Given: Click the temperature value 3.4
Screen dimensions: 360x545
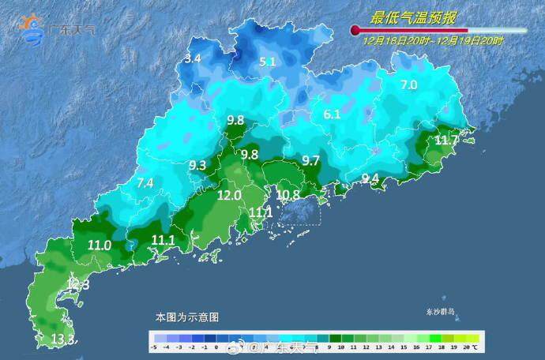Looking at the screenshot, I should coord(192,58).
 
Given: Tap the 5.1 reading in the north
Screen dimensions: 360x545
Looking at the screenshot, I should coord(268,62).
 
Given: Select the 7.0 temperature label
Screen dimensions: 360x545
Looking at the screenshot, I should coord(408,84).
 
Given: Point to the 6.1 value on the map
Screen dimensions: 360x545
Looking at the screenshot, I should coord(332,114).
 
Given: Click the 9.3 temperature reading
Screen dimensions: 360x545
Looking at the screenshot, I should coord(197,165).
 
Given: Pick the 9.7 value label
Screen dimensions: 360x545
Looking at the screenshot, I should coord(310,160).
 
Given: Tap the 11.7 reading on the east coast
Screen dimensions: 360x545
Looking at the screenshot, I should coord(446,141).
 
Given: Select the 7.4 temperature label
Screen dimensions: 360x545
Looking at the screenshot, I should coord(145,182).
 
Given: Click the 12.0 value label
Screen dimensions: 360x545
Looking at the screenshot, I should coord(229,195).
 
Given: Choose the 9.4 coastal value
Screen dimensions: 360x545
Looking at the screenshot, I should coord(370,178).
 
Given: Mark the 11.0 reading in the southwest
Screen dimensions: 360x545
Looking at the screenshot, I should coord(100,245).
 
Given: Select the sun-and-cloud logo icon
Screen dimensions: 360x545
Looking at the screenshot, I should coord(33,28).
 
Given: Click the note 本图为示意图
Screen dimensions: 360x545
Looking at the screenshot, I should coord(186,317).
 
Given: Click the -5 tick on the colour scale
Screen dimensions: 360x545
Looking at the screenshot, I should coord(153,347).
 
